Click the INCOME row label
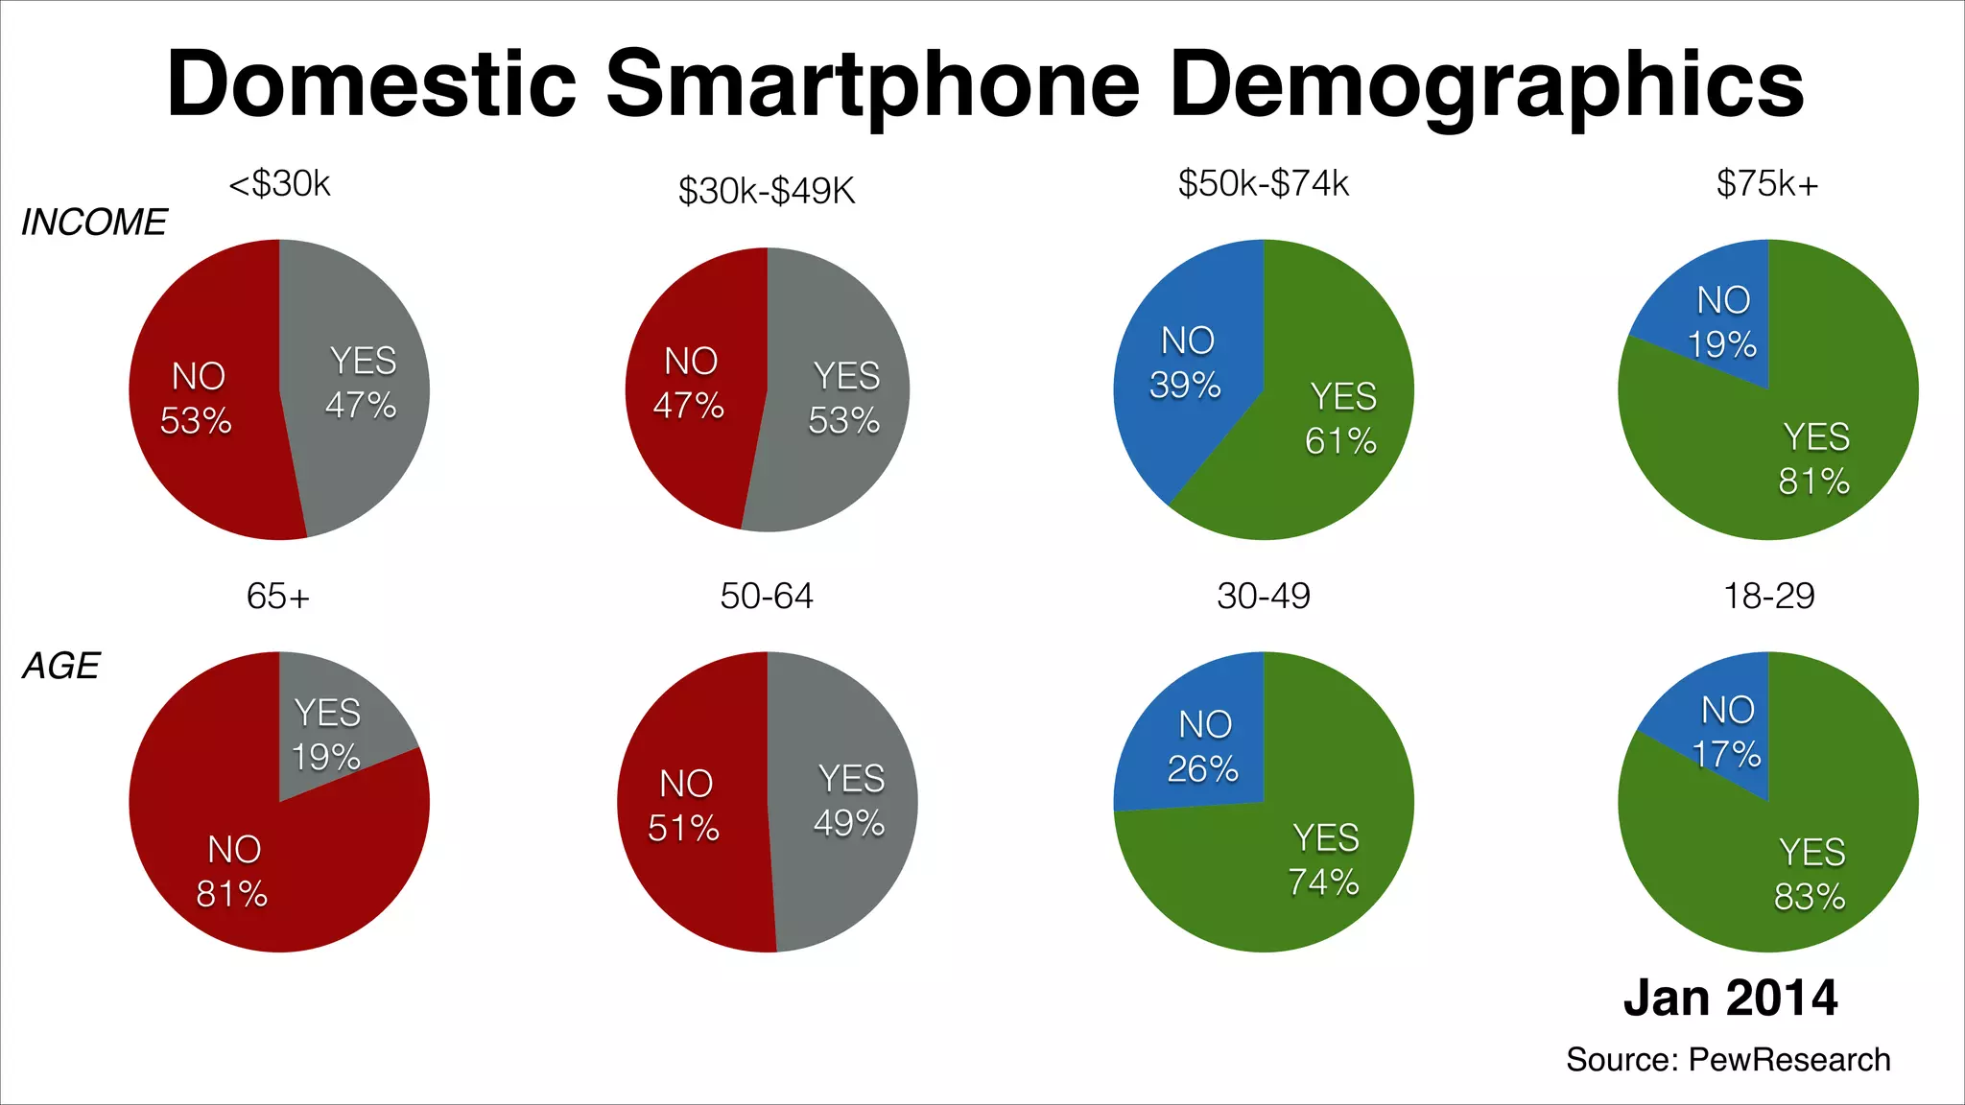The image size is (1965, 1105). (x=94, y=223)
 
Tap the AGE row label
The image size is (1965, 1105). (x=61, y=666)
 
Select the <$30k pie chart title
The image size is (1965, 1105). (x=279, y=183)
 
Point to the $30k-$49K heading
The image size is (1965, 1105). (x=766, y=191)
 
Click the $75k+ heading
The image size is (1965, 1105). (x=1767, y=183)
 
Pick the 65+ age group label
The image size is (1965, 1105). (x=278, y=597)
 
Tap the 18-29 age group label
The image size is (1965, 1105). (x=1768, y=597)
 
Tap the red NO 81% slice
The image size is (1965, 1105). (x=235, y=868)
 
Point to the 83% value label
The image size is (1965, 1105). (x=1809, y=897)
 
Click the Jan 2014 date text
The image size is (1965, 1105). (x=1730, y=998)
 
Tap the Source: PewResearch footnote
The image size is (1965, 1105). (x=1728, y=1060)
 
